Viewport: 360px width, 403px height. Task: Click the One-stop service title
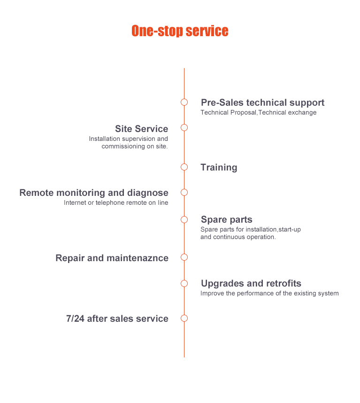180,31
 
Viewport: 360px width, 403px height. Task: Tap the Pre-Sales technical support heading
262,102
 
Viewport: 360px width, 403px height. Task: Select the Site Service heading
141,129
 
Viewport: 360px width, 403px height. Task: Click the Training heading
219,167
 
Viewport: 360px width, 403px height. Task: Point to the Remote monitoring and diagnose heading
93,193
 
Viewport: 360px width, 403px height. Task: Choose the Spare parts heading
226,219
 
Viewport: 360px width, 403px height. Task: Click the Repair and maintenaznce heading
112,258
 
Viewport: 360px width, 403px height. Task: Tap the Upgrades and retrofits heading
251,283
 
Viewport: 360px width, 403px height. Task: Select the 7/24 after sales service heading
117,318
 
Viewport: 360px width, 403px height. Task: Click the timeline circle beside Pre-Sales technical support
184,102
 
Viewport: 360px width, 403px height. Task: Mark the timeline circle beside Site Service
184,128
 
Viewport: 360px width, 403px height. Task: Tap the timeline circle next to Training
184,167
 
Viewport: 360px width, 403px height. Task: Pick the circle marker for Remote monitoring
184,192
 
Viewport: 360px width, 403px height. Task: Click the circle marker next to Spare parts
184,219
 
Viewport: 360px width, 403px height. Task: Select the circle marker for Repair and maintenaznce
184,257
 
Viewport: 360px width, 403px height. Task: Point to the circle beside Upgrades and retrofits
184,283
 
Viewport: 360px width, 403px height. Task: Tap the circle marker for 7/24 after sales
184,318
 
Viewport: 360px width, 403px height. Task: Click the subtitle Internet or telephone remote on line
116,203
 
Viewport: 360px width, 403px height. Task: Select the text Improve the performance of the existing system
269,294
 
